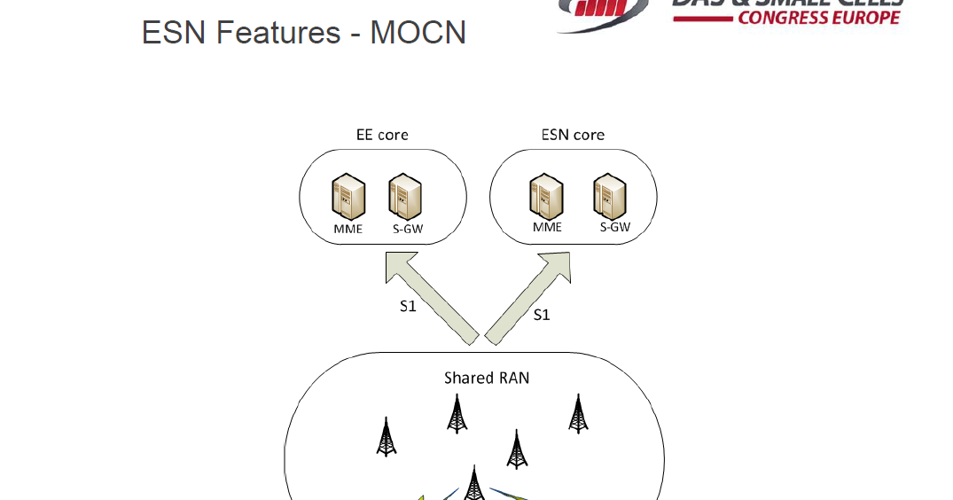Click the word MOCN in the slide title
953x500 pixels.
click(418, 33)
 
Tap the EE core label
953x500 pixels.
click(381, 135)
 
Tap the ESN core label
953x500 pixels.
click(573, 135)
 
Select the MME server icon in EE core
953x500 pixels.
click(348, 196)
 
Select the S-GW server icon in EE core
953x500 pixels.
click(405, 196)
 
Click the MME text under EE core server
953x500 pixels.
click(348, 230)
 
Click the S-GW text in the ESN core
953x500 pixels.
click(614, 226)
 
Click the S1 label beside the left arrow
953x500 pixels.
click(408, 307)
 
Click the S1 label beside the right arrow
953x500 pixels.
click(541, 315)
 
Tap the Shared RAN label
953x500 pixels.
click(487, 378)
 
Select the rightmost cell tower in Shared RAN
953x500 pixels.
click(578, 414)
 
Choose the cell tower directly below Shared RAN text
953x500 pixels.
click(457, 414)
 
